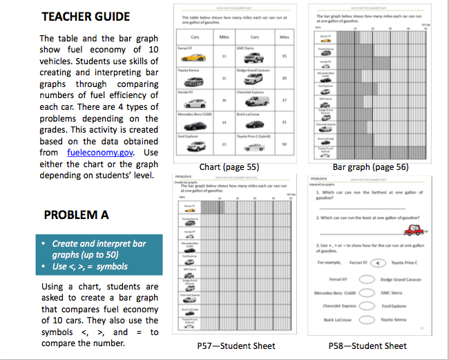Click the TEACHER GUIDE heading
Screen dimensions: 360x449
point(85,17)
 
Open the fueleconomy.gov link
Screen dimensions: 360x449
point(100,152)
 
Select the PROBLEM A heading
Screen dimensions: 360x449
point(75,215)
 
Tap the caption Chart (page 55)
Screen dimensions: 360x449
point(229,167)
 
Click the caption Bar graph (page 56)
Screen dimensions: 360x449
point(370,167)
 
